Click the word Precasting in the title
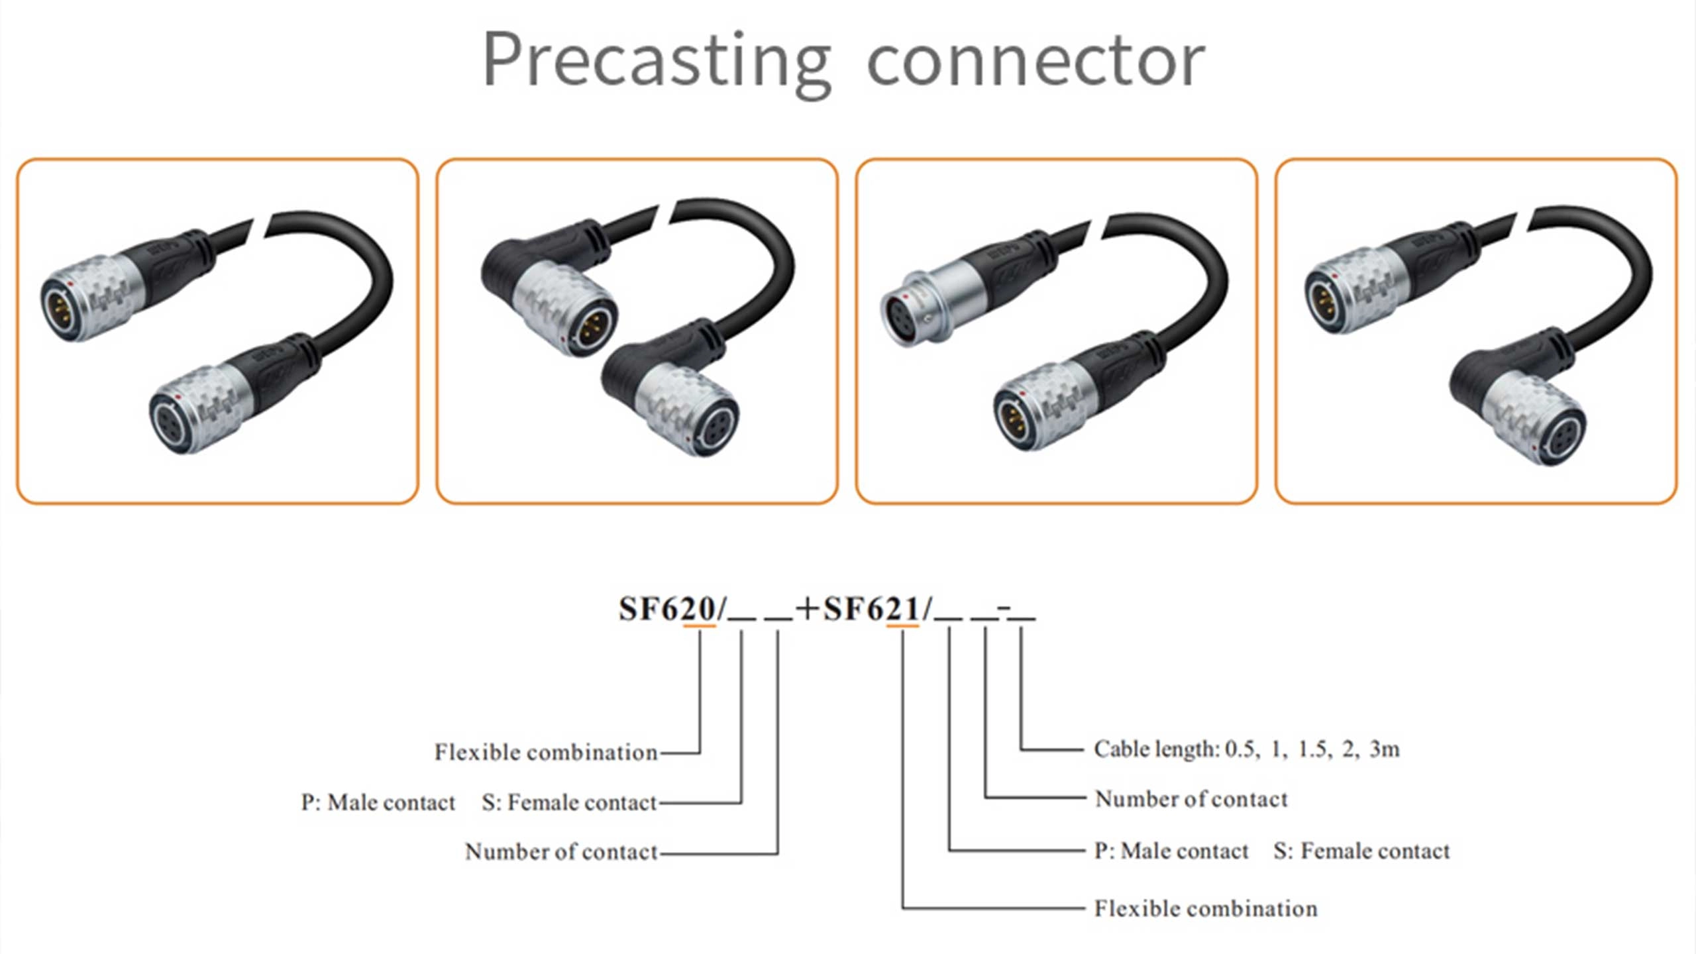tap(656, 61)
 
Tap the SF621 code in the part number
tap(872, 609)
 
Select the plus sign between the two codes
tap(807, 609)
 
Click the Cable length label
tap(1156, 749)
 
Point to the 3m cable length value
tap(1385, 749)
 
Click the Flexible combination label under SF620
tap(546, 753)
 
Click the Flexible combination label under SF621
tap(1206, 909)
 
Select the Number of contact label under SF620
tap(561, 852)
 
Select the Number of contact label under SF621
tap(1191, 800)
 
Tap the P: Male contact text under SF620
tap(378, 803)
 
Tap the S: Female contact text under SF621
tap(1361, 851)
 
